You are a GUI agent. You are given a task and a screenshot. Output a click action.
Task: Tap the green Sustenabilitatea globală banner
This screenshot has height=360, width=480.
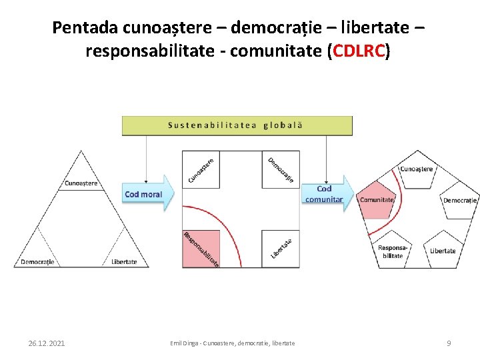point(237,125)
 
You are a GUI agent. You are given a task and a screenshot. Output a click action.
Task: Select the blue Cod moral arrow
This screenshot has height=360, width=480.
point(147,194)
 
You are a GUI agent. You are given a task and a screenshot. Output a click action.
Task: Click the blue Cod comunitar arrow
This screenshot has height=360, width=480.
point(327,194)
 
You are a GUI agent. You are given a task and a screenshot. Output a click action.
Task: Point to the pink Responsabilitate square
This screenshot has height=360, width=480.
point(201,248)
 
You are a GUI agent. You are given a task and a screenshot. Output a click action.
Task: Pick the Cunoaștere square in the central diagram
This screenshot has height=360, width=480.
point(201,169)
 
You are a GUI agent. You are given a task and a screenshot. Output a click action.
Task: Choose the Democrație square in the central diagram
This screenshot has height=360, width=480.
point(281,169)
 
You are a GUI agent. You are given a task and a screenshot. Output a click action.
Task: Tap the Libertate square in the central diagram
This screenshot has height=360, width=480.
point(281,248)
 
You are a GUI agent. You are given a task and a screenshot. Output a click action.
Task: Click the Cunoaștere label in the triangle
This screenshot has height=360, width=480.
point(81,183)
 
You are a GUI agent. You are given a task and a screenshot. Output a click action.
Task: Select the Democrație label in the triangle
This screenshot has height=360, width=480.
point(37,261)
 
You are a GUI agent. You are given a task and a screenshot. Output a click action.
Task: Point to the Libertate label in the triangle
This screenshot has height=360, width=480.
point(124,261)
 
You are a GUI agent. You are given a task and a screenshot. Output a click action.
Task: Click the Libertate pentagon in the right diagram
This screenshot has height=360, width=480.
point(443,250)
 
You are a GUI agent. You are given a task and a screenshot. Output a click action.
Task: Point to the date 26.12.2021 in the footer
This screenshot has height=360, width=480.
point(47,343)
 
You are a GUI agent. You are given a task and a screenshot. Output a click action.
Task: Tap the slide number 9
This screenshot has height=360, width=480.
point(449,343)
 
